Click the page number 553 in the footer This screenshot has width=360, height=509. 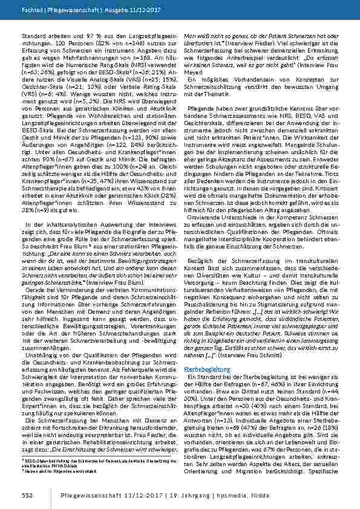point(19,496)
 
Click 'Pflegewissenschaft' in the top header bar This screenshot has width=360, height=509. point(61,11)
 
